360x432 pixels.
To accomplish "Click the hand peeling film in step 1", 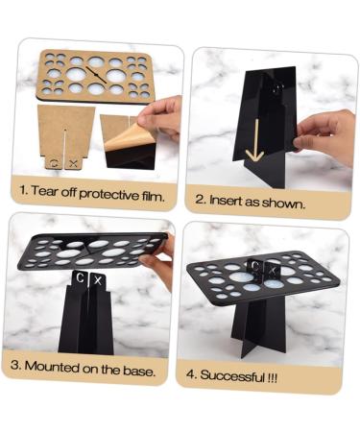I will click(x=163, y=113).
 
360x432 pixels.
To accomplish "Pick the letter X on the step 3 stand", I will click(x=101, y=279).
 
